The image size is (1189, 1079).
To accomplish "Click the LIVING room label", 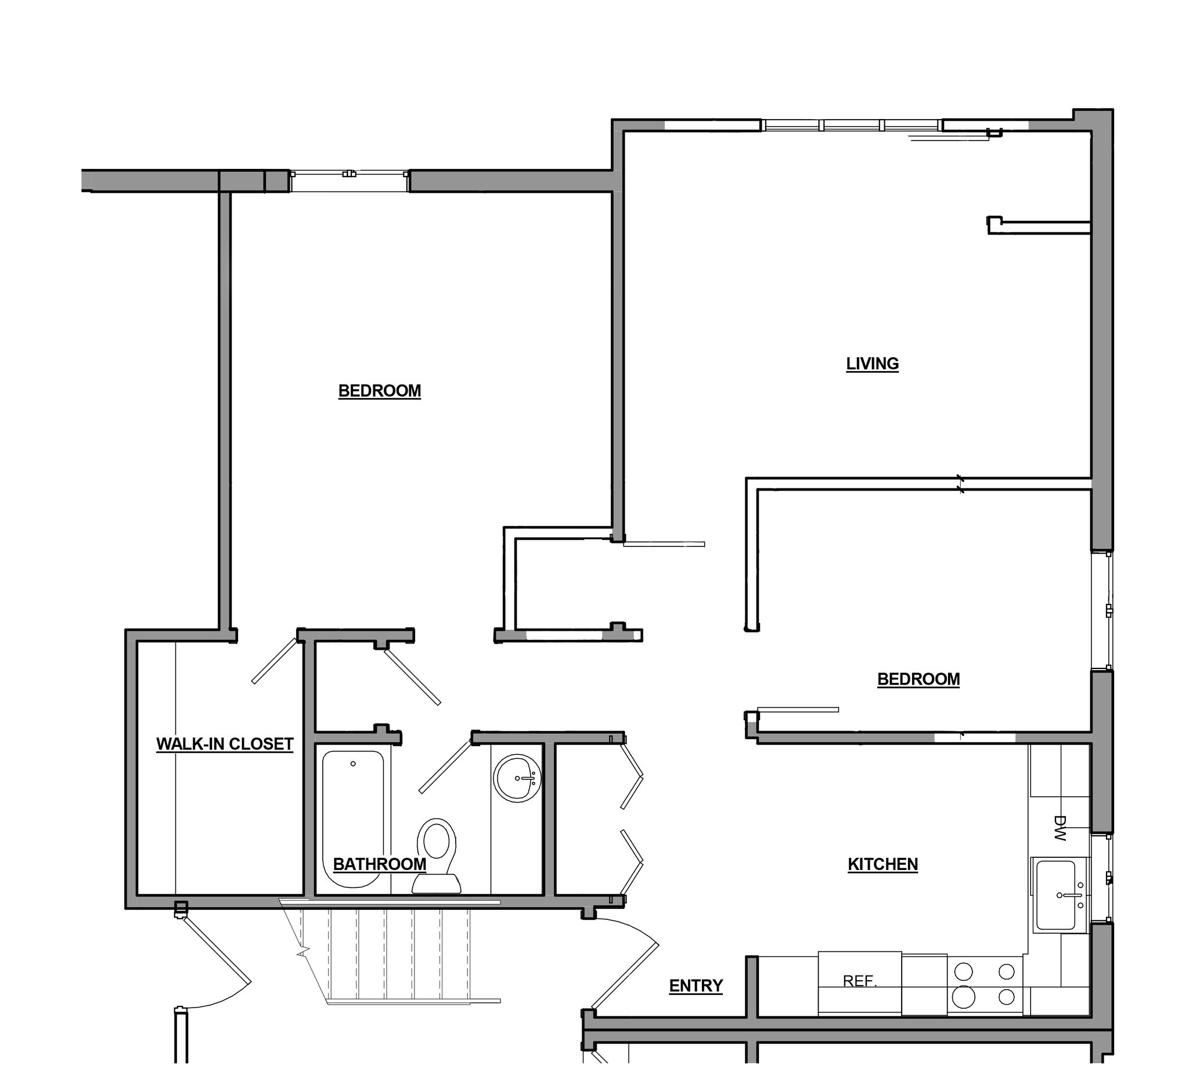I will pyautogui.click(x=872, y=364).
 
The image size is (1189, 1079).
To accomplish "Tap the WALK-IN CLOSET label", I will pyautogui.click(x=225, y=744).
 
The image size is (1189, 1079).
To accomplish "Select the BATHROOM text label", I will pyautogui.click(x=379, y=864).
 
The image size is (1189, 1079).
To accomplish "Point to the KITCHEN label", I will pyautogui.click(x=882, y=864).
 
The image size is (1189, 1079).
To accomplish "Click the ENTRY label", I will pyautogui.click(x=696, y=986).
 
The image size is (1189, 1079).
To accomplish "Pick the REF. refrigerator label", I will pyautogui.click(x=860, y=981).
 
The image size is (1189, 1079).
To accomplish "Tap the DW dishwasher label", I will pyautogui.click(x=1060, y=828).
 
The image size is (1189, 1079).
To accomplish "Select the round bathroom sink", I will pyautogui.click(x=517, y=778).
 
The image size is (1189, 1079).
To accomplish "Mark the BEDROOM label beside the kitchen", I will pyautogui.click(x=918, y=679).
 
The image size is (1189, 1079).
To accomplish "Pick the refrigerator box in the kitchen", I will pyautogui.click(x=859, y=983).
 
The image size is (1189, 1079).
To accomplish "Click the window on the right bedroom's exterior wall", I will pyautogui.click(x=1102, y=610).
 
